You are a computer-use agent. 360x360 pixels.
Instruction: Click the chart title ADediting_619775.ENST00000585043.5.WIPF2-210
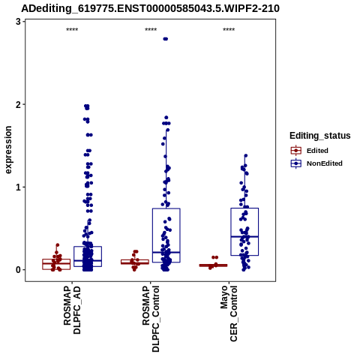click(x=150, y=8)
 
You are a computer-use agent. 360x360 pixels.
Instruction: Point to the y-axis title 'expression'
click(x=8, y=150)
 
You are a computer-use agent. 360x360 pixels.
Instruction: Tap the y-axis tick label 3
click(x=18, y=22)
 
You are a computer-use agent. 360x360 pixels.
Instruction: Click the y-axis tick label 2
click(x=18, y=104)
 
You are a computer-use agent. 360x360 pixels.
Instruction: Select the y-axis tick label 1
click(x=18, y=187)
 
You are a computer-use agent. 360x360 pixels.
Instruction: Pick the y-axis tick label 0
click(x=18, y=270)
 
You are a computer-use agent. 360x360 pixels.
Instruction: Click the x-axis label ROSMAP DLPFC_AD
click(x=72, y=310)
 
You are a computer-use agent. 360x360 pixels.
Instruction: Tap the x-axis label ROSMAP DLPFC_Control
click(x=151, y=319)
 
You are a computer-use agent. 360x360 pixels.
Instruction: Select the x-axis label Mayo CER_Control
click(x=229, y=313)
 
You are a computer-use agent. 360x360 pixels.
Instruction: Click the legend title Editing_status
click(x=320, y=136)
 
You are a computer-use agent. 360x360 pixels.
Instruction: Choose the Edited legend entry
click(x=310, y=151)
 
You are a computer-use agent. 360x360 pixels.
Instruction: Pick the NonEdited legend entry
click(x=316, y=163)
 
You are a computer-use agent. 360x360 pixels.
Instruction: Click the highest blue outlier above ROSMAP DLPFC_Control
click(x=166, y=39)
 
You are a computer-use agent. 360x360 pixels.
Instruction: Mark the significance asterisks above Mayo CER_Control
click(x=229, y=30)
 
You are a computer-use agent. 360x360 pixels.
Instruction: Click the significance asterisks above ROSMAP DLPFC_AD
click(x=72, y=30)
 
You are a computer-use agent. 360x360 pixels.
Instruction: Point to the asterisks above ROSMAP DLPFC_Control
click(x=151, y=30)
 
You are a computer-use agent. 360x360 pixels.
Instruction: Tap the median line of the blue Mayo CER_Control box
click(x=244, y=236)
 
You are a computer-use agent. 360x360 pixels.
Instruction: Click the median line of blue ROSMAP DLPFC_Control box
click(x=166, y=252)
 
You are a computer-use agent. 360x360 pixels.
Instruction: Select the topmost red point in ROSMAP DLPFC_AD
click(x=58, y=245)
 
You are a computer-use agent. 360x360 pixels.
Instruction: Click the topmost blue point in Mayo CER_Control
click(x=246, y=156)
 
